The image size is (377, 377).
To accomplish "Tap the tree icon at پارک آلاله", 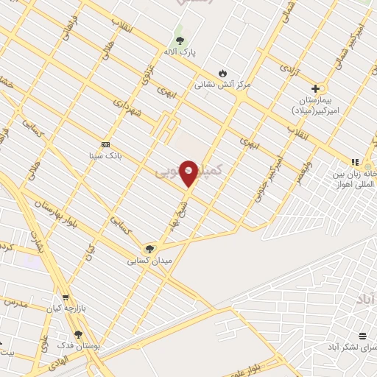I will click(180, 40).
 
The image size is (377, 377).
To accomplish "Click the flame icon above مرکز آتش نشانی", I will click(222, 72).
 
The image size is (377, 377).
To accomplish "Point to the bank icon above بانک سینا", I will click(105, 144).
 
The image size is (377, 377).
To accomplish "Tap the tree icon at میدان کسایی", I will click(150, 249).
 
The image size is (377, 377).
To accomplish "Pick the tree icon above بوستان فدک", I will click(78, 334).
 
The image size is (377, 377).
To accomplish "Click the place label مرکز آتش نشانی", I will click(222, 85).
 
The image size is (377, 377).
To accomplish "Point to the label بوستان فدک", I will click(82, 346).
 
